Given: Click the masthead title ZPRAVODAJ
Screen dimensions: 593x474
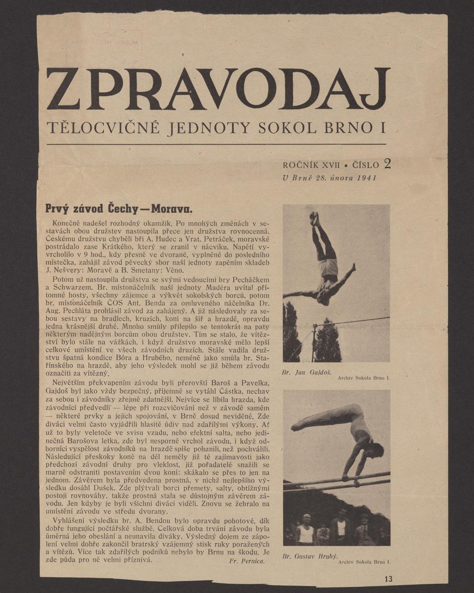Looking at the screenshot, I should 218,88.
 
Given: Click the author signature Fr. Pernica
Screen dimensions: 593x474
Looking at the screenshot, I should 248,561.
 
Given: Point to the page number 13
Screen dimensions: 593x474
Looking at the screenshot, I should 388,579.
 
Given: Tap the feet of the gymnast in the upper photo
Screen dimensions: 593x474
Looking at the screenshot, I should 314,217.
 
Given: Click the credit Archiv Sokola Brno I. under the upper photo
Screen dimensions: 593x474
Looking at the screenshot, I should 364,378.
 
